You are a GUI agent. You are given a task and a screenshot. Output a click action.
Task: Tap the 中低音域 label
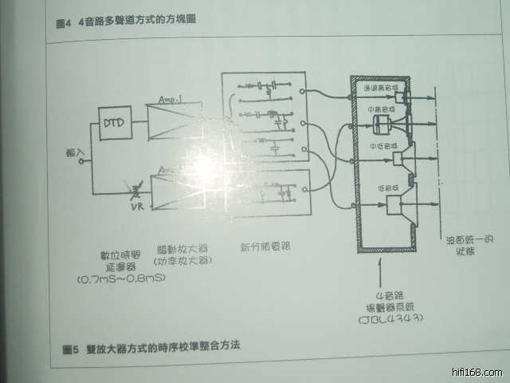[x=383, y=145]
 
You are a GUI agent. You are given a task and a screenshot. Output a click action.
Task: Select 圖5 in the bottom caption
[x=70, y=348]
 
